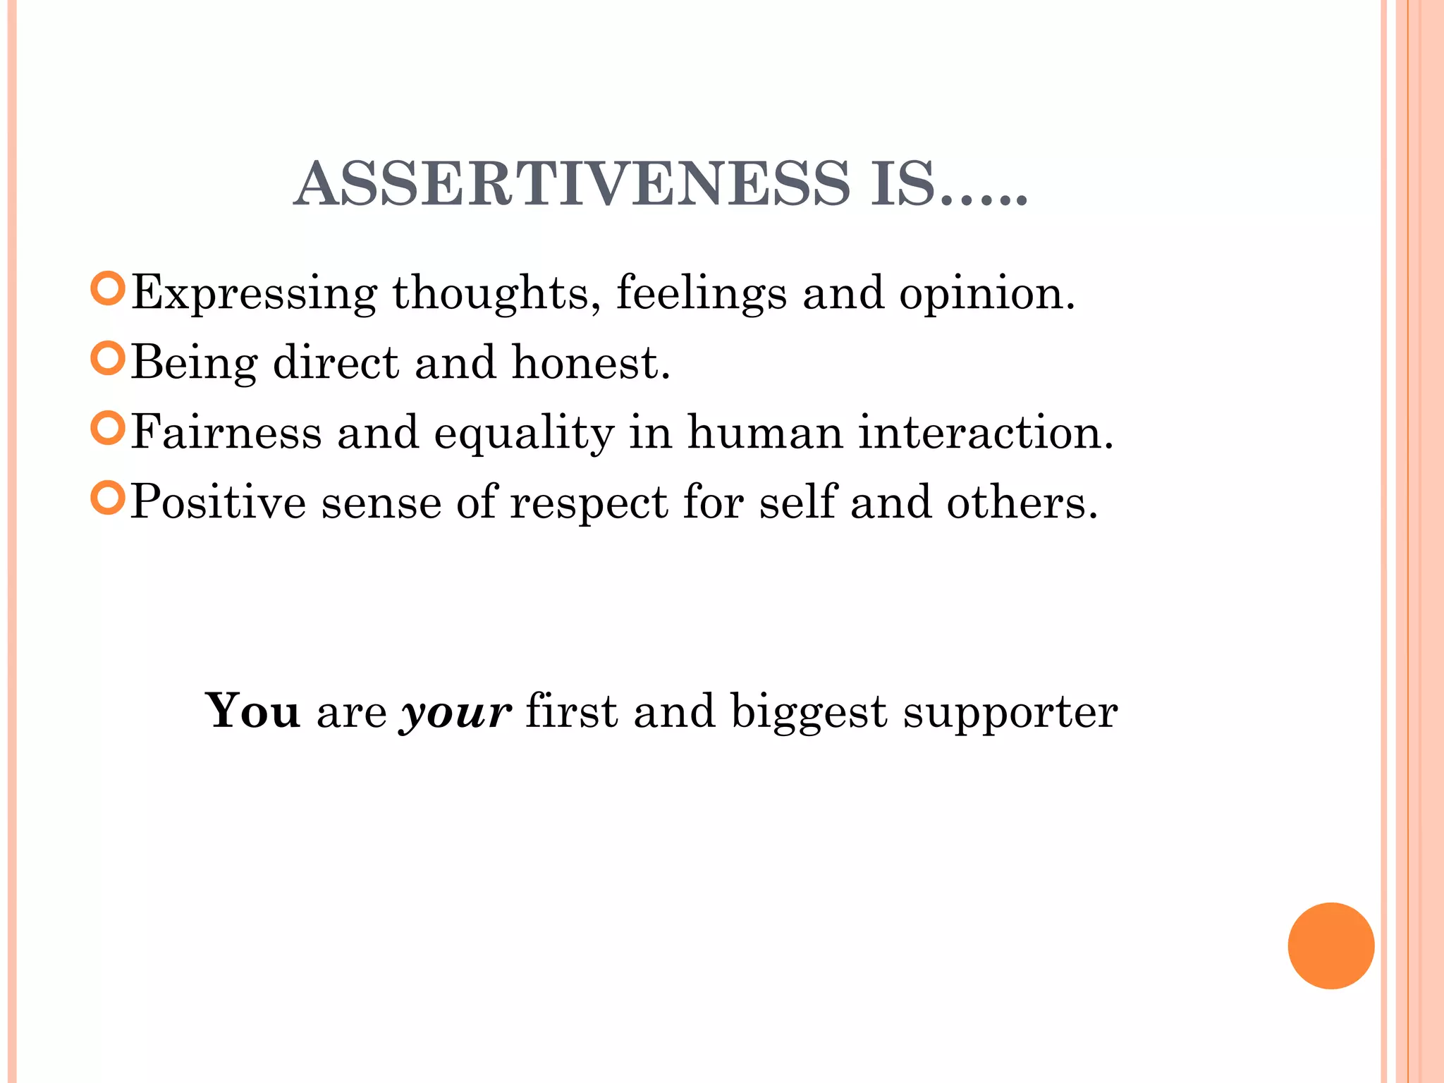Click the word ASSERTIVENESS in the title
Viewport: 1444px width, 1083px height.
point(572,184)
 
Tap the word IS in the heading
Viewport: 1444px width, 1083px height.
point(902,184)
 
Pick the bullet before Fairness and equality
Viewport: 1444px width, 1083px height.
point(108,428)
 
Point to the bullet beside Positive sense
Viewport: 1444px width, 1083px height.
point(108,498)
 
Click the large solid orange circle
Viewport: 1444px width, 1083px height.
point(1330,946)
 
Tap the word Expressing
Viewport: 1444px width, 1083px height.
point(254,293)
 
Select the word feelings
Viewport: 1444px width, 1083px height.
point(701,293)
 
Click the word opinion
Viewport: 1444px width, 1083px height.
point(986,293)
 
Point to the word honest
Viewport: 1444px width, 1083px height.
point(590,362)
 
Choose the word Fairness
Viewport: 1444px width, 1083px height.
point(226,432)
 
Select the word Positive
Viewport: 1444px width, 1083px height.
point(219,502)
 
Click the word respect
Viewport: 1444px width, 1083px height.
point(589,503)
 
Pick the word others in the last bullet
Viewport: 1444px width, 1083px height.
point(1022,502)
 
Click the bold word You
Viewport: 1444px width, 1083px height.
point(252,711)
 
